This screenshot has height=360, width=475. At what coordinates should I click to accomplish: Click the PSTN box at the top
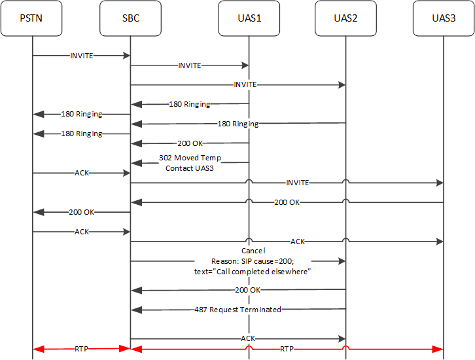pos(32,18)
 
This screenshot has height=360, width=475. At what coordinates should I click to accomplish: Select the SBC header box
pos(130,18)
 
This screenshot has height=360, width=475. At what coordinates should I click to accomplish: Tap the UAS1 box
pos(249,18)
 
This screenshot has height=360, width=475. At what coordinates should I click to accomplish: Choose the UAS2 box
pos(345,18)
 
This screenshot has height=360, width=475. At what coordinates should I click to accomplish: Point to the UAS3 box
pos(444,18)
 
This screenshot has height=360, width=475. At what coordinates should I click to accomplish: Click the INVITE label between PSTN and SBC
pos(82,56)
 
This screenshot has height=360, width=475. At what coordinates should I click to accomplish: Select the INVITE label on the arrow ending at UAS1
pos(190,65)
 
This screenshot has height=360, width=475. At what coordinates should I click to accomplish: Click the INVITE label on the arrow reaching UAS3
pos(297,183)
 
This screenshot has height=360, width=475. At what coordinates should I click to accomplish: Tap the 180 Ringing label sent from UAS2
pos(237,124)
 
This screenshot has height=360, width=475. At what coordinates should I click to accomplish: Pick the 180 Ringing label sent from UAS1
pos(190,104)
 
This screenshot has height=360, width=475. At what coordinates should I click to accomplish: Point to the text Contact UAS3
pos(190,168)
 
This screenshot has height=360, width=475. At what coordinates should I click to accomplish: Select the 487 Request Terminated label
pos(237,310)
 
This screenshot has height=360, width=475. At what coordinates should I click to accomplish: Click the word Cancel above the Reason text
pos(253,251)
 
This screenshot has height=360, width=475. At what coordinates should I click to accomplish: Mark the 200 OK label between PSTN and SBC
pos(82,212)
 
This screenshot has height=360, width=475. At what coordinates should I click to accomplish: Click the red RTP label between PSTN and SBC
pos(82,350)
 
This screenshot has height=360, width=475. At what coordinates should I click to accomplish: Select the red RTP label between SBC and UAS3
pos(287,350)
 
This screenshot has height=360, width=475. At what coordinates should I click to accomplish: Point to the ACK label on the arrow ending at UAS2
pos(247,338)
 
